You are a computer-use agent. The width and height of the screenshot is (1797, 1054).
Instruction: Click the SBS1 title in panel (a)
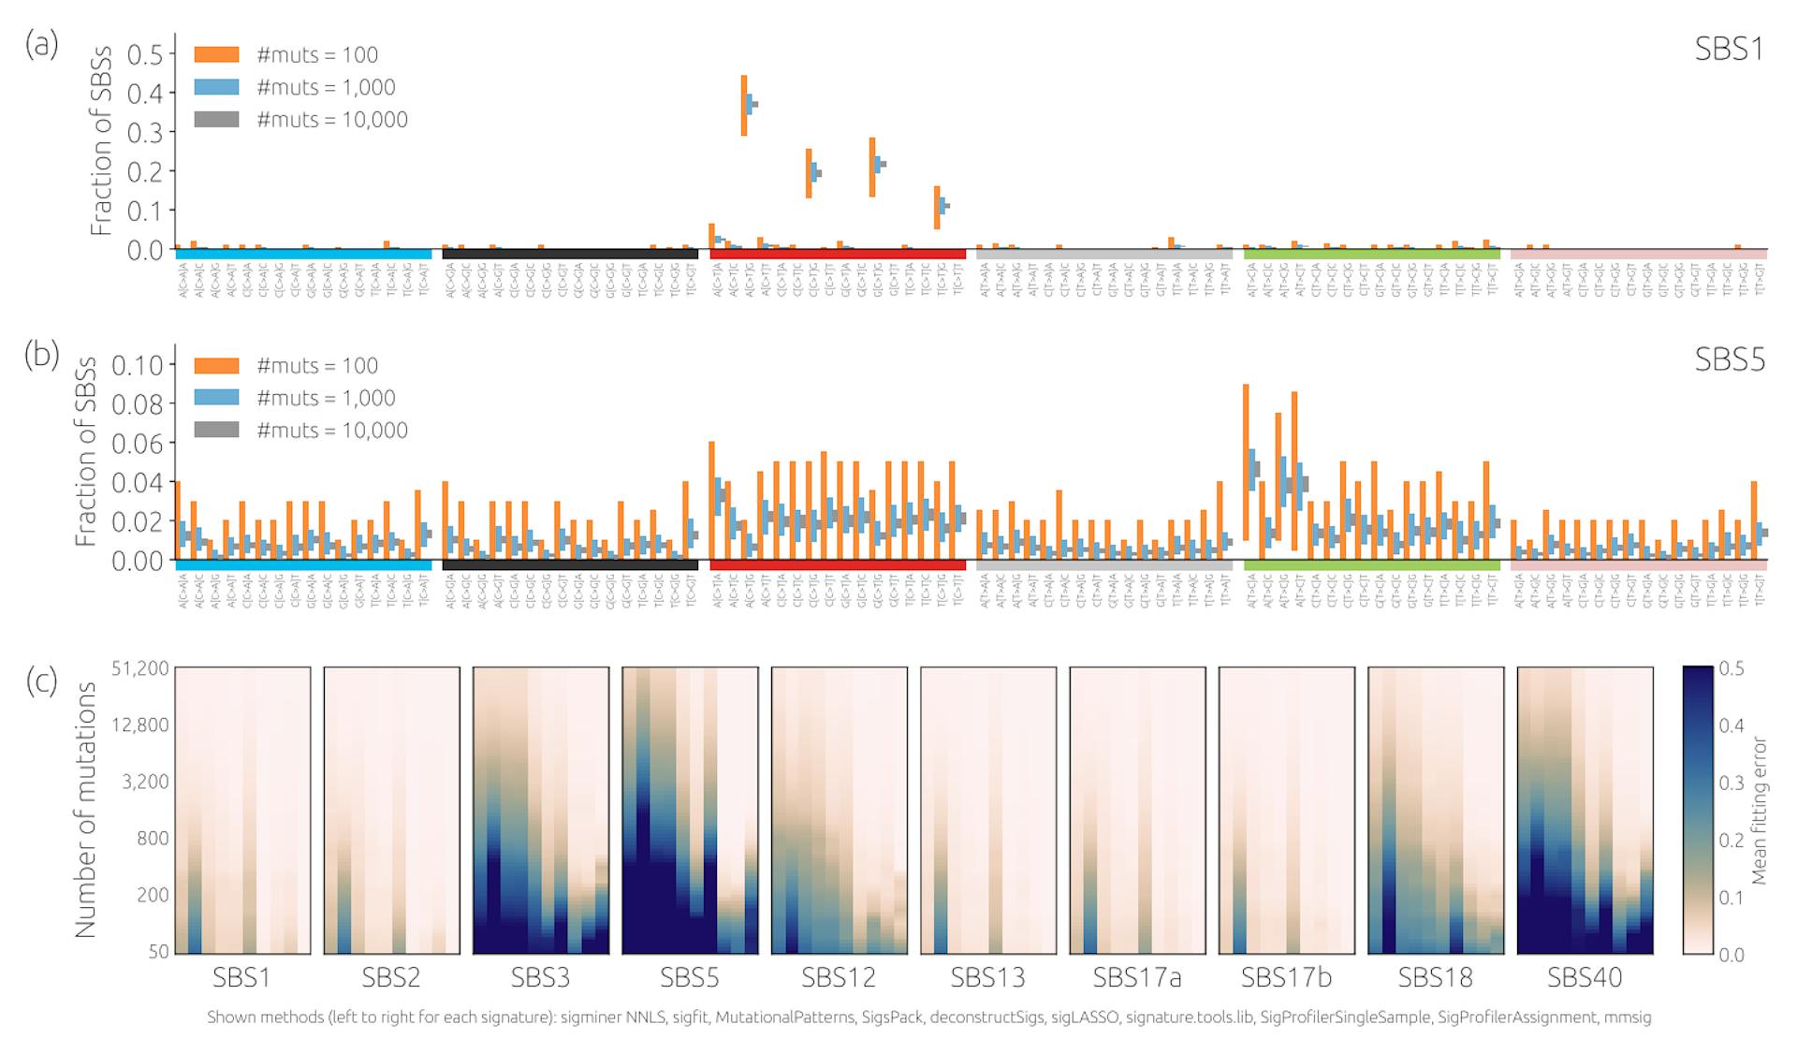[1729, 49]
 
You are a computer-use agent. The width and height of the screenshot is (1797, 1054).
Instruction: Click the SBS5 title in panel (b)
[1730, 359]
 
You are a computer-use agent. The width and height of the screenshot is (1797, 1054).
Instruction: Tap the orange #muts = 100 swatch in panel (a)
[216, 55]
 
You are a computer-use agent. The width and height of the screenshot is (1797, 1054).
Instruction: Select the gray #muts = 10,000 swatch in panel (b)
[216, 430]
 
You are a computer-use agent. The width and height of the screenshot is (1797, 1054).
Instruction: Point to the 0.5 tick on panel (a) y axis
[144, 55]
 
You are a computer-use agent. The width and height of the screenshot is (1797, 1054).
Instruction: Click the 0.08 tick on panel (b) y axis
[137, 404]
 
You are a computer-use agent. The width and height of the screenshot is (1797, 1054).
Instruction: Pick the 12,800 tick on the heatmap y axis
[140, 725]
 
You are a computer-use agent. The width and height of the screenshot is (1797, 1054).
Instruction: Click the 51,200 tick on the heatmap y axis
[140, 668]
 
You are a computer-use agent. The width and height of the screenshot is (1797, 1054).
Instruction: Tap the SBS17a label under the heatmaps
[1137, 978]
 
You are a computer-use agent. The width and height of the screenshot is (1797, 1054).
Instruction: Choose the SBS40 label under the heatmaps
[1585, 978]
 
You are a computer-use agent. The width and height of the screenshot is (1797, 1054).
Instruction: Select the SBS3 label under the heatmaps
[540, 978]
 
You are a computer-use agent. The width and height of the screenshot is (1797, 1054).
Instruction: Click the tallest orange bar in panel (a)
[744, 106]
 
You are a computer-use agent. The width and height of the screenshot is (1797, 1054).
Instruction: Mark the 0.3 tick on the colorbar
[1731, 783]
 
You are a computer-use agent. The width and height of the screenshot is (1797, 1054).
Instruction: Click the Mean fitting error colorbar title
[1760, 811]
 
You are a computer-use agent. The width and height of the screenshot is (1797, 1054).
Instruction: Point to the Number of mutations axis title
[86, 810]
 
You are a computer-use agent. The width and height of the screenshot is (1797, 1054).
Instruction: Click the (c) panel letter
[41, 681]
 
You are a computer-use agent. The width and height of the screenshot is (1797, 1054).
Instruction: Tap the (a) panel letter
[41, 43]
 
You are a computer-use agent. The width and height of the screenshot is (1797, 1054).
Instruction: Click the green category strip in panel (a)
[1371, 254]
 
